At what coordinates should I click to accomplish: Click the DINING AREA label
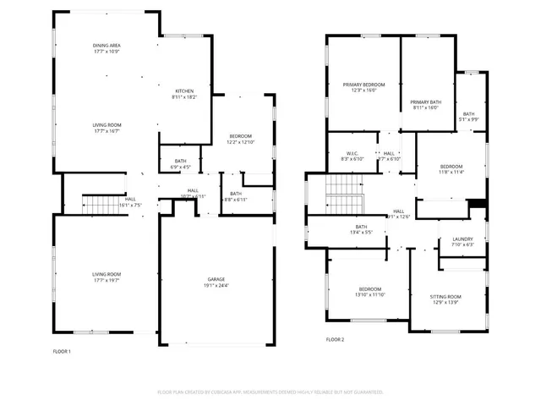107,45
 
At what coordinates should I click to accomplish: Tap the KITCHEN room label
184,91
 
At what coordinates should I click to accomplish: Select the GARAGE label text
216,279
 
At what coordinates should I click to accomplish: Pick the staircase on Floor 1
96,203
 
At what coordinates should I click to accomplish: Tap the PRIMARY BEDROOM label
363,85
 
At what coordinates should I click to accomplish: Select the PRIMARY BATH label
426,101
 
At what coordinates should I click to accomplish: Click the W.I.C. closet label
352,153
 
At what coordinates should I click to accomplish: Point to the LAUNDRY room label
462,239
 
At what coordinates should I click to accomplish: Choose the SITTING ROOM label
445,297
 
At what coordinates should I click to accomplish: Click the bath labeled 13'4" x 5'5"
361,227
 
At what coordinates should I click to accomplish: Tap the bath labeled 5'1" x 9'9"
468,114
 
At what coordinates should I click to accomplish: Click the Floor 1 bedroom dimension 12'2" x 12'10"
241,142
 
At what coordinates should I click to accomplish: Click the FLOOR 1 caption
62,351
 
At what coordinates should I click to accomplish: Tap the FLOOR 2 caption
336,340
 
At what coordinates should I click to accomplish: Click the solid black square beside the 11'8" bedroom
478,203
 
